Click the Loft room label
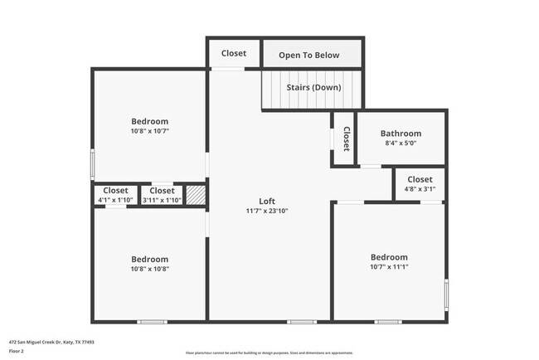[x=266, y=201]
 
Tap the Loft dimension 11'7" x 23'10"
[x=266, y=211]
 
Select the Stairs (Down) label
[x=313, y=87]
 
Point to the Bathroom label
[x=401, y=134]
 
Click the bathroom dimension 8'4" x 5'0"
[x=401, y=144]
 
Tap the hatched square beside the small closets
[x=195, y=195]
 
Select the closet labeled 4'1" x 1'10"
[x=115, y=195]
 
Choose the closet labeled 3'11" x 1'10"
[x=162, y=195]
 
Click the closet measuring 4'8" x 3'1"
[x=420, y=184]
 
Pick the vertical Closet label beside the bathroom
[x=346, y=139]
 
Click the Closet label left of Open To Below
[x=234, y=53]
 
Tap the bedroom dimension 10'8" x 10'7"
[x=149, y=131]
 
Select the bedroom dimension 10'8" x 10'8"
[x=149, y=269]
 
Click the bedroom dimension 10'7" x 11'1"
[x=389, y=267]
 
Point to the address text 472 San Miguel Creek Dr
[x=51, y=341]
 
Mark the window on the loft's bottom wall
[x=301, y=321]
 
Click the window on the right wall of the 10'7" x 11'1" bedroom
[x=447, y=294]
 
